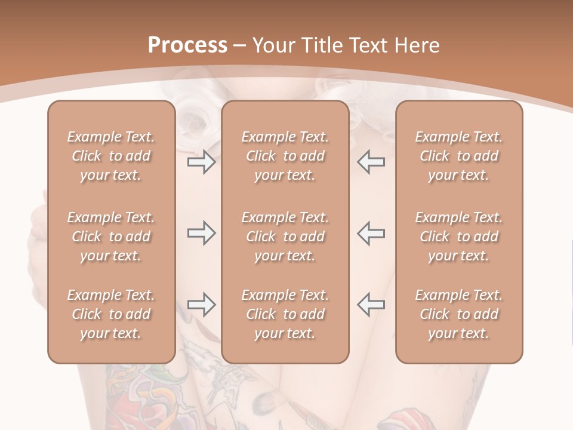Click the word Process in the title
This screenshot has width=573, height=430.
(187, 45)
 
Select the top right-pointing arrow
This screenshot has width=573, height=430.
(202, 162)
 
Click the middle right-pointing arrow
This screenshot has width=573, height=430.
(202, 233)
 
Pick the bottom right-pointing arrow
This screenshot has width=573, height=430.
(202, 305)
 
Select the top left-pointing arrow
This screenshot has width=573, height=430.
(371, 162)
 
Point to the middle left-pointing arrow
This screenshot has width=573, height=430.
(371, 233)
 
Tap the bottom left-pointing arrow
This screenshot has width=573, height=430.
(371, 305)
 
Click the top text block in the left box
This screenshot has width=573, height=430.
(111, 156)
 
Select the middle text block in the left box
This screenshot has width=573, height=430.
(111, 236)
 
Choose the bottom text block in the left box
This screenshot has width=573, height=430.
(111, 314)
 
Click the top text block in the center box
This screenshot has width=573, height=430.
(285, 156)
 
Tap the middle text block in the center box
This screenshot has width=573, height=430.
(285, 236)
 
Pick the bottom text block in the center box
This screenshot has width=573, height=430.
(285, 314)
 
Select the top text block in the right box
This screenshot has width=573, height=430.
(459, 156)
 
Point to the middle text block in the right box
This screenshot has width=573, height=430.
(459, 236)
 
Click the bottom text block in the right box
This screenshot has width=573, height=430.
(459, 314)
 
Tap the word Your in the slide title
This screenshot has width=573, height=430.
(273, 45)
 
